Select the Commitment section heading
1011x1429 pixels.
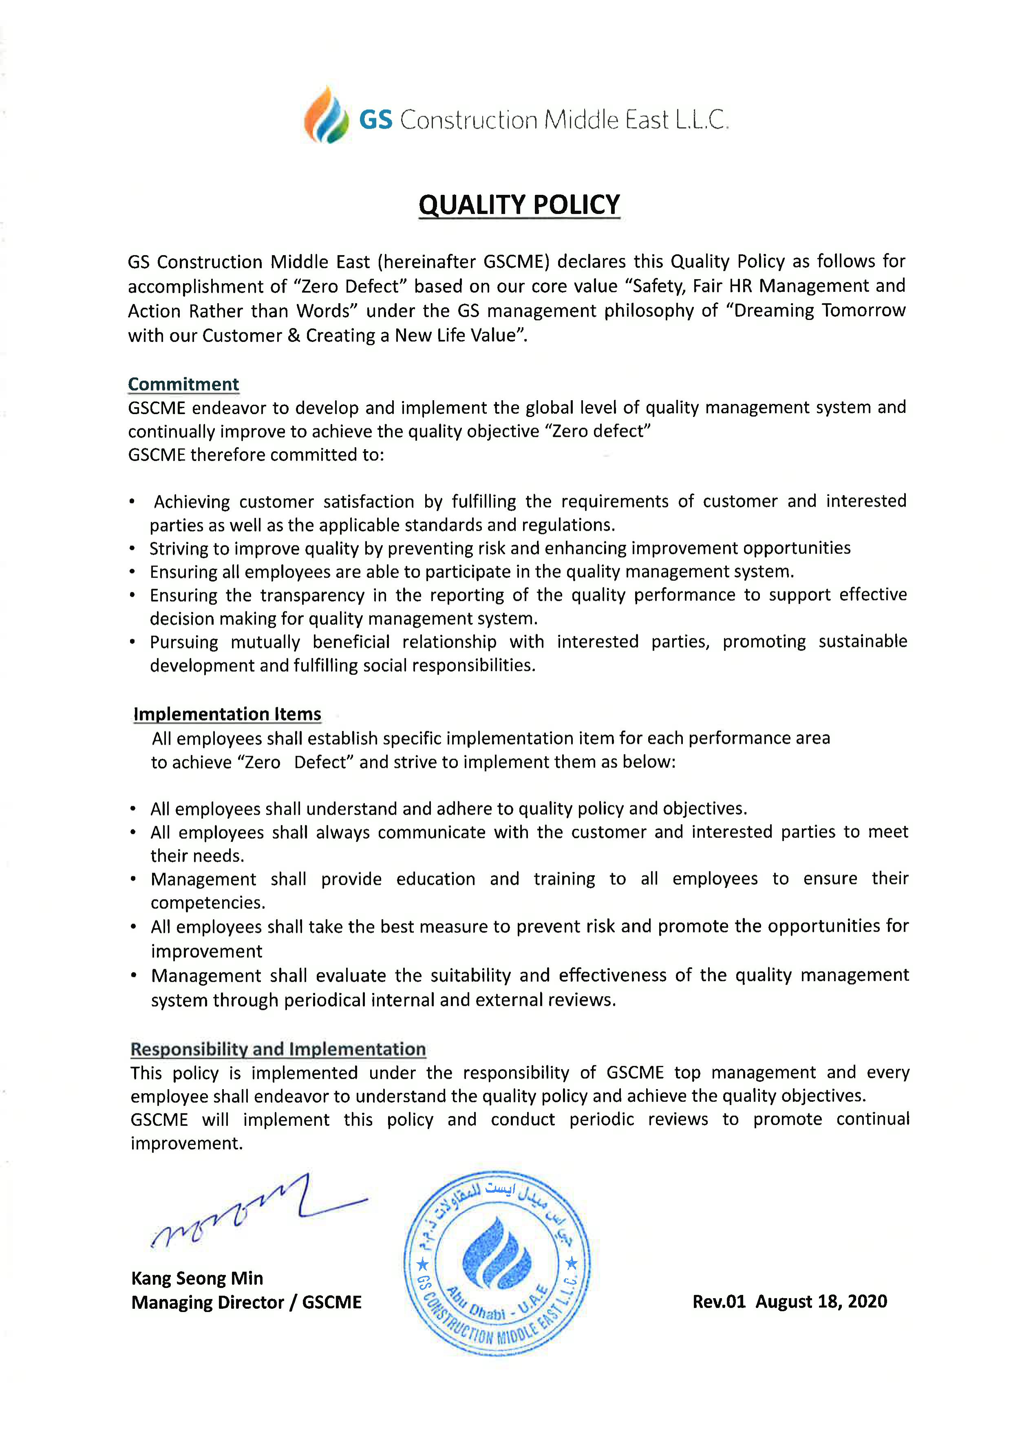183,384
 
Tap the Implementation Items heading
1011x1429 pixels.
227,713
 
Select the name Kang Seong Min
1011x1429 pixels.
197,1278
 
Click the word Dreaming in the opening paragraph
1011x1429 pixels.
774,311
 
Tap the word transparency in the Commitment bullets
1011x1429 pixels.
312,595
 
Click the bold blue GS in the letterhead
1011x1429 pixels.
375,119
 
